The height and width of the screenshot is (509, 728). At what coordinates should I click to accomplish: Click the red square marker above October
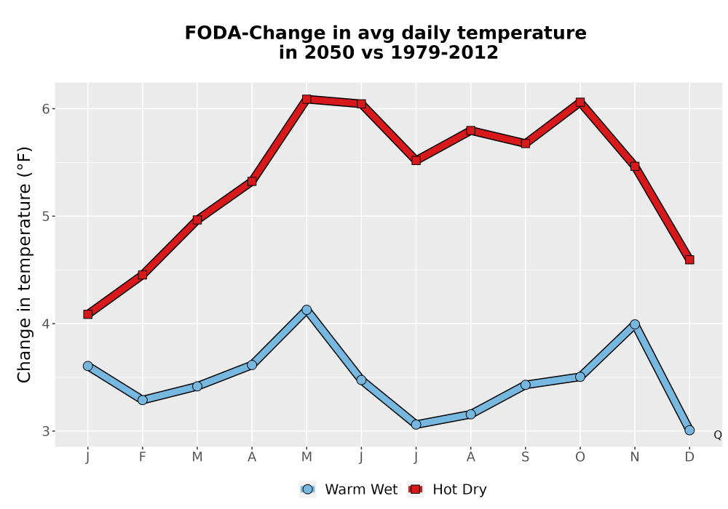[580, 103]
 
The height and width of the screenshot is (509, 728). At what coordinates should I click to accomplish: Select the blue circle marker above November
[635, 324]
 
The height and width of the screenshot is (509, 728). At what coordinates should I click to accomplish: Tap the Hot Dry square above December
[689, 260]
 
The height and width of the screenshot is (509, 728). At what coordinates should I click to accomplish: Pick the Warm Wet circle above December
[689, 430]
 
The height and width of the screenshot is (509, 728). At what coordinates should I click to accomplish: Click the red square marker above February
[143, 275]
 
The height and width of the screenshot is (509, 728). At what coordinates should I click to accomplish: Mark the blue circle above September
[525, 385]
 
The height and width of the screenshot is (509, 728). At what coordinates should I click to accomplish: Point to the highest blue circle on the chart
[306, 310]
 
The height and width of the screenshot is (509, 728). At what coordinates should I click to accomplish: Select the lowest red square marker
[88, 314]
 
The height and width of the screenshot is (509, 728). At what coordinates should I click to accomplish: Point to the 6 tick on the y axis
[45, 108]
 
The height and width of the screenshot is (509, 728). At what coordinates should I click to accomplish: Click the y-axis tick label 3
[45, 431]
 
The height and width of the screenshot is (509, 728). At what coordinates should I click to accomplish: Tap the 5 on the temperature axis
[45, 216]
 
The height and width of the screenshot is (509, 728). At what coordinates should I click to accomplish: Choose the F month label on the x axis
[143, 457]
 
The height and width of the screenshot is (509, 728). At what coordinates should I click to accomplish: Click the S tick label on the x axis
[525, 457]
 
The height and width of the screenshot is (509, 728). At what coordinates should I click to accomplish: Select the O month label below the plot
[580, 457]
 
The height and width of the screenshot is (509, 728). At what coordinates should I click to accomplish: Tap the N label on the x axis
[635, 457]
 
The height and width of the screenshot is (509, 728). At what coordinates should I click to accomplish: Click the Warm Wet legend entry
[349, 489]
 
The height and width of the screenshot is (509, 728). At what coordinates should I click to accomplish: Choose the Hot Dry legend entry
[447, 489]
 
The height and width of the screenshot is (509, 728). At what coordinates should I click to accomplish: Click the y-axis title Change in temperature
[24, 265]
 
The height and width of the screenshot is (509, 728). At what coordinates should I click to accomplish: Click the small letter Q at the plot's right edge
[718, 435]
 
